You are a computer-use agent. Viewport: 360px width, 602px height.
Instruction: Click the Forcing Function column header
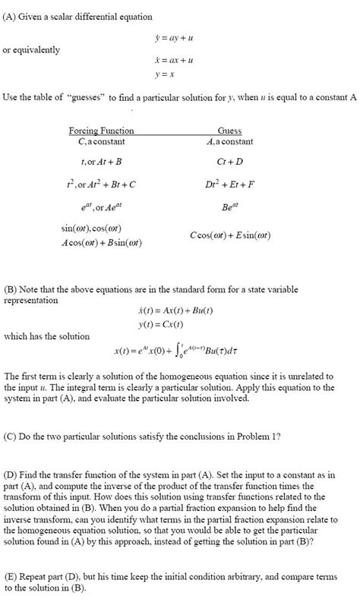(x=101, y=131)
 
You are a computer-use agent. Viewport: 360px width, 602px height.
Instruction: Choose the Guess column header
(x=229, y=131)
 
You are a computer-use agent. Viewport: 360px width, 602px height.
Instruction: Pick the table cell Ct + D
(x=229, y=162)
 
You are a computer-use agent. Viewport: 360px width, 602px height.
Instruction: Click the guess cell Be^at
(x=229, y=205)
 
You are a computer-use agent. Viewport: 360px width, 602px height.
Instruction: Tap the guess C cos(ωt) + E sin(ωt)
(x=230, y=235)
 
